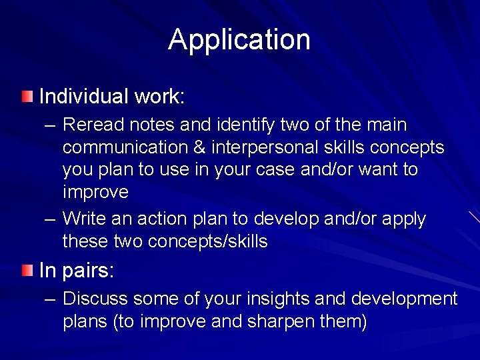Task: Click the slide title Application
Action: point(239,39)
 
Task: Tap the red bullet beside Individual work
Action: point(26,97)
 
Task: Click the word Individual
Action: point(83,97)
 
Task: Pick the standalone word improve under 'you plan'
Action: point(95,193)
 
